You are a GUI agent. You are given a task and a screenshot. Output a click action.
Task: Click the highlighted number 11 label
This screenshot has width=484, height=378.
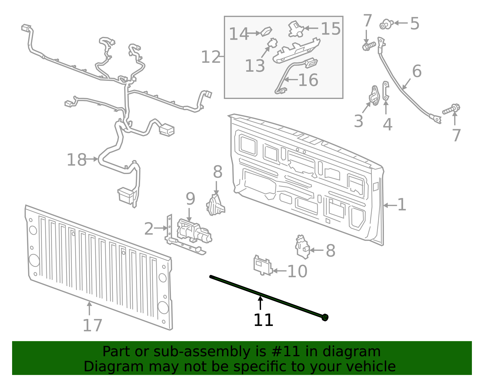(263, 320)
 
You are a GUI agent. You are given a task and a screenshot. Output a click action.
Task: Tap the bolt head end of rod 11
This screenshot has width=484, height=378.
(325, 317)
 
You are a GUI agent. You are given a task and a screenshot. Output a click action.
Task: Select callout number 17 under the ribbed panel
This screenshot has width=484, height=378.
(92, 326)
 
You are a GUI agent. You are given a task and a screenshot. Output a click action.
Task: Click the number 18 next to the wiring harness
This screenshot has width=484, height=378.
(77, 160)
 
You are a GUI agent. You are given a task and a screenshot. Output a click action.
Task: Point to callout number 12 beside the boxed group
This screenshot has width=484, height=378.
(211, 57)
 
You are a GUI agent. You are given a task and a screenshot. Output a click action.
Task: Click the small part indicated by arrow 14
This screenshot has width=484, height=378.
(267, 31)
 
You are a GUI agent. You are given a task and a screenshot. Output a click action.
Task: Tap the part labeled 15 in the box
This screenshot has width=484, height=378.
(296, 29)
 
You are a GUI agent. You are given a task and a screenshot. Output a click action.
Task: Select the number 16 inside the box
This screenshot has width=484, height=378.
(308, 80)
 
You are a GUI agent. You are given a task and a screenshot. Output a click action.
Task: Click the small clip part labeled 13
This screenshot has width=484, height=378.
(273, 43)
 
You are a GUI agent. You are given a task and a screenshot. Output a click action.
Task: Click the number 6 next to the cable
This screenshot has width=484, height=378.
(417, 71)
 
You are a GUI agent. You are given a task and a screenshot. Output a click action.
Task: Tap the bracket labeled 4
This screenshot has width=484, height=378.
(385, 90)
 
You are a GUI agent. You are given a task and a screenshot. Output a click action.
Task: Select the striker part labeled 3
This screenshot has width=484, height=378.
(374, 95)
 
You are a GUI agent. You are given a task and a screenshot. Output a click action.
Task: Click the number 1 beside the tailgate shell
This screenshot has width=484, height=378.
(401, 205)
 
